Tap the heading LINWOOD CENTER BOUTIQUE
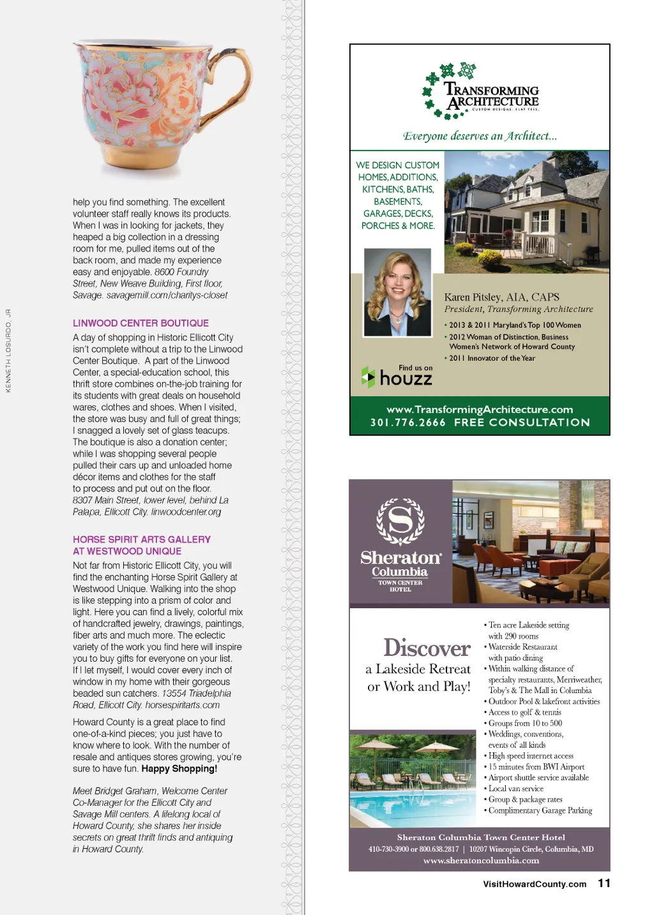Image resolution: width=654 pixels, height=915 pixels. [141, 324]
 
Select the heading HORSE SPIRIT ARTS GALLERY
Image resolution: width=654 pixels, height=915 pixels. [142, 540]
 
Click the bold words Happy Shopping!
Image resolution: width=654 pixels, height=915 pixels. [179, 769]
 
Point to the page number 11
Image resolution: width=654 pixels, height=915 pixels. [604, 883]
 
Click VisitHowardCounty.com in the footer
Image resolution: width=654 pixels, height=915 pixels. [535, 884]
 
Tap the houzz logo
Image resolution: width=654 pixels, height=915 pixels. [397, 377]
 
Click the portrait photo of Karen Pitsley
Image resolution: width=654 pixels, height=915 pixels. [397, 292]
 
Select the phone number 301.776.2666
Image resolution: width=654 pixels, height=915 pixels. [407, 422]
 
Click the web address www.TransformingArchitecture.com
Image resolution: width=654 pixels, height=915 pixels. [480, 410]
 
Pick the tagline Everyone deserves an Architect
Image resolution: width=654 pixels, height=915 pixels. [480, 136]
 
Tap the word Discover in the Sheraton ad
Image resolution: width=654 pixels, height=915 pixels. [427, 648]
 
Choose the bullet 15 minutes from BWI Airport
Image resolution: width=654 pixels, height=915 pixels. [536, 767]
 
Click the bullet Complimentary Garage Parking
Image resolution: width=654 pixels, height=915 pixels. [540, 810]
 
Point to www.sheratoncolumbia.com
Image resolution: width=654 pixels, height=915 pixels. [481, 861]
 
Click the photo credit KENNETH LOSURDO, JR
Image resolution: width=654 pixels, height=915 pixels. [8, 350]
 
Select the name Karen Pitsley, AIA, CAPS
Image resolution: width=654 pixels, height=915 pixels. [501, 297]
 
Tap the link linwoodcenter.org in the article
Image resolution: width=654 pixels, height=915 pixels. [186, 512]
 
